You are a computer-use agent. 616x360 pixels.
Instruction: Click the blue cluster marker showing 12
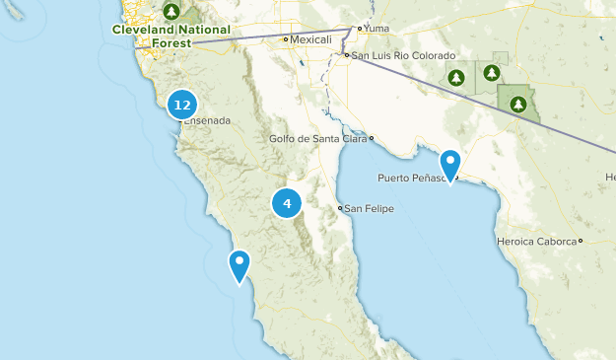click(181, 104)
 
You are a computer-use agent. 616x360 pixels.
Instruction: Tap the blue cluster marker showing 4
click(287, 204)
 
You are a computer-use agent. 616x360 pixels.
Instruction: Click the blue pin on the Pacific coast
click(240, 265)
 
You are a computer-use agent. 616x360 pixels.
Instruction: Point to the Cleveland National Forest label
click(171, 36)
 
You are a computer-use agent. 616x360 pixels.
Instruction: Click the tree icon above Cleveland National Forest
click(171, 12)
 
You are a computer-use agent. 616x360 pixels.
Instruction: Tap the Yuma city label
click(377, 29)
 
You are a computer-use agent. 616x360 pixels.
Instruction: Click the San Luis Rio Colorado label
click(404, 55)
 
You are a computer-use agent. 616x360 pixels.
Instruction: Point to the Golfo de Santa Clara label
click(317, 138)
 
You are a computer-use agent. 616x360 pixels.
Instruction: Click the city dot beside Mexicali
click(286, 39)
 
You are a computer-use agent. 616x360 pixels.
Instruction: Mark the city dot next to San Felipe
click(340, 208)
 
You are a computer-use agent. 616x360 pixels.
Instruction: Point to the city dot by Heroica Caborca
click(582, 241)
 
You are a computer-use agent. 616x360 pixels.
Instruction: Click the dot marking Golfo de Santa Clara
click(371, 138)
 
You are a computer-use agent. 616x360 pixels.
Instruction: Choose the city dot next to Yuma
click(360, 29)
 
